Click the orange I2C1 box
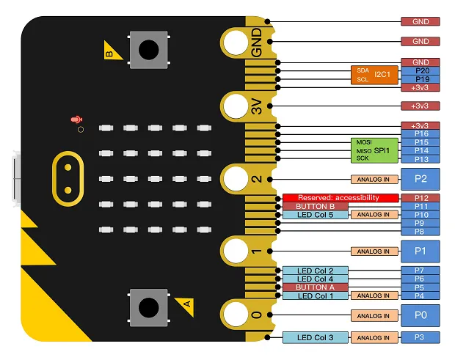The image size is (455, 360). [374, 75]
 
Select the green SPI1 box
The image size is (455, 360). [374, 150]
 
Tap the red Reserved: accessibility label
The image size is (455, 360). [341, 198]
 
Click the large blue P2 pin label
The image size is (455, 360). [421, 179]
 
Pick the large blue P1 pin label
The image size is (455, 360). [421, 251]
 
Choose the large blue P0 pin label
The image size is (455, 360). [421, 316]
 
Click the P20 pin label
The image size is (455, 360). [421, 71]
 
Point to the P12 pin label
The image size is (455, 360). [421, 198]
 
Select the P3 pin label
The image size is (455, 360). [421, 337]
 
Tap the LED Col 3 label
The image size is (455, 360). [316, 337]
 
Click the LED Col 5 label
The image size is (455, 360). [316, 215]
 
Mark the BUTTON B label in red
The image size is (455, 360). [316, 207]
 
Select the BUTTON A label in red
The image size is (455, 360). [316, 287]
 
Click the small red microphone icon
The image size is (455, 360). [74, 119]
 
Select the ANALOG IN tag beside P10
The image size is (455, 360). [374, 215]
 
